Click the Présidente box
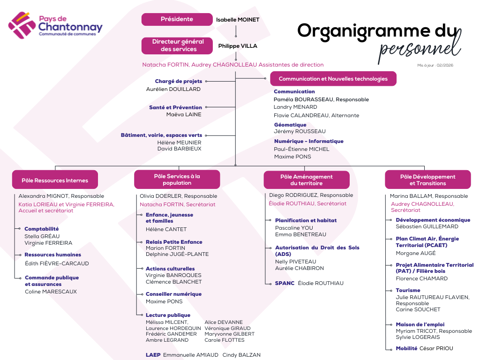(x=177, y=19)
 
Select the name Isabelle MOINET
(x=238, y=20)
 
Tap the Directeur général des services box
(x=178, y=45)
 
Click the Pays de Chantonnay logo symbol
(x=22, y=25)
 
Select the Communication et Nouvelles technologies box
(x=333, y=79)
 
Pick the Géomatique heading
(x=290, y=125)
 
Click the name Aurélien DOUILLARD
(x=173, y=89)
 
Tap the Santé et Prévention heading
(x=175, y=107)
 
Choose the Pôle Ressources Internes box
(x=55, y=180)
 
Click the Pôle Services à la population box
(x=177, y=180)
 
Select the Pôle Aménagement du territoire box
(x=306, y=180)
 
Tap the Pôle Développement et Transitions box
(x=427, y=180)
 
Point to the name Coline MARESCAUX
(x=51, y=292)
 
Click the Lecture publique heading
(x=168, y=315)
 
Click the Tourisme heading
(x=408, y=290)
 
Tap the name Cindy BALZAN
(x=241, y=355)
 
